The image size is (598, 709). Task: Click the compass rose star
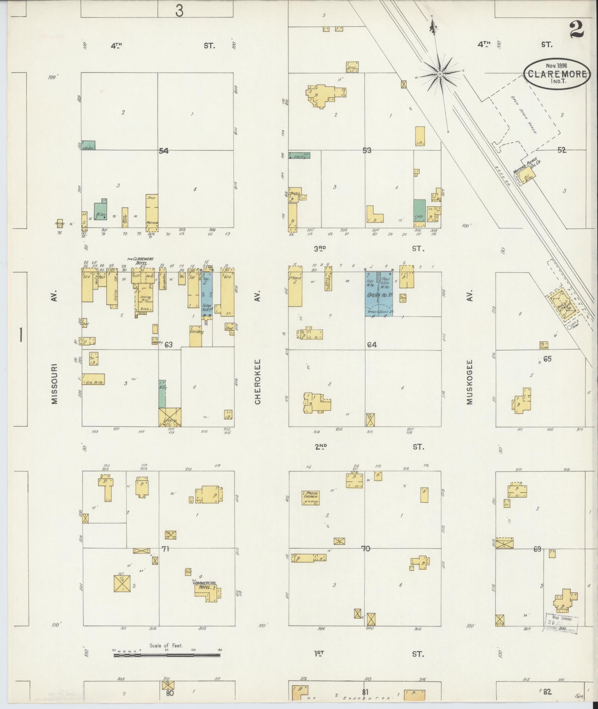tap(440, 74)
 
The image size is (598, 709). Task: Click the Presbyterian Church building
tap(311, 497)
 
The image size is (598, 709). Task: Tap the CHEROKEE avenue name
tap(258, 381)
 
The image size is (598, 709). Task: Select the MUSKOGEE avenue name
tap(470, 382)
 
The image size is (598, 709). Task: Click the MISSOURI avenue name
tap(54, 383)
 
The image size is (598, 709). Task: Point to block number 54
tap(163, 151)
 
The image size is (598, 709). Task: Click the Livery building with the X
tap(170, 417)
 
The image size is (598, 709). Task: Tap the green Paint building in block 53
tap(299, 156)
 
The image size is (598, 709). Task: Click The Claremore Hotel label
tap(141, 261)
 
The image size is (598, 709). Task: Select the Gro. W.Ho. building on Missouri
tap(93, 379)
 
